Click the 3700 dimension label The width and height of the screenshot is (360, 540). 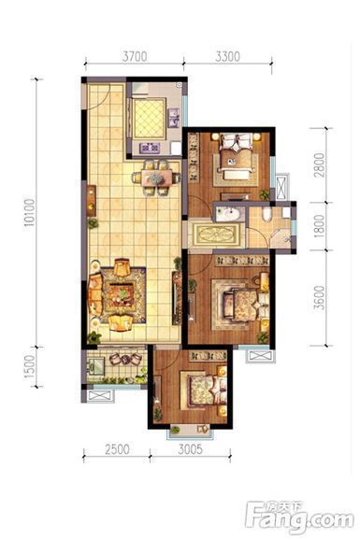135,56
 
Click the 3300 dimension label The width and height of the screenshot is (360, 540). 227,56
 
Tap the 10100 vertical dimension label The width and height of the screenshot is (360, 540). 30,212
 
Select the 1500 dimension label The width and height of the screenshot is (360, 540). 30,366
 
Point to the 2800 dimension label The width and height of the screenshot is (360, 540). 320,165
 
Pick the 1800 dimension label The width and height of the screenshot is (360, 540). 320,226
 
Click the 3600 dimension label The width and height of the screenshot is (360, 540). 320,298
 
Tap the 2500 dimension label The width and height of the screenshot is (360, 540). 117,449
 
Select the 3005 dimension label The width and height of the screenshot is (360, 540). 191,449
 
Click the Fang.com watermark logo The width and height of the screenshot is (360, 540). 299,516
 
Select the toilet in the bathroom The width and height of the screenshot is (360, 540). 266,214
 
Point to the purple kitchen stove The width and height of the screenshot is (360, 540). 150,149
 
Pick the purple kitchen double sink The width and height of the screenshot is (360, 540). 173,118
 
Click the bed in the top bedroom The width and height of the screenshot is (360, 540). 237,157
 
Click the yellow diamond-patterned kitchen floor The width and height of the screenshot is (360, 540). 150,118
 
